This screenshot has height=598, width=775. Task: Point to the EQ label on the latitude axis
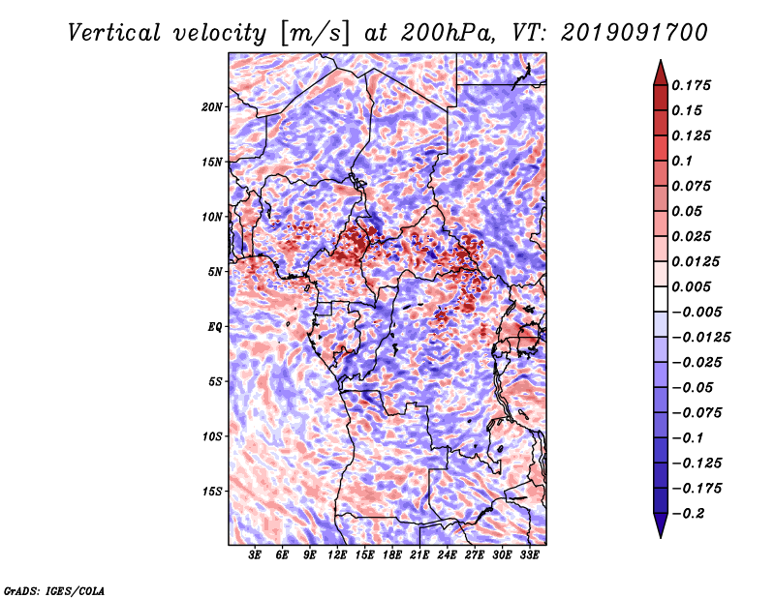tap(215, 327)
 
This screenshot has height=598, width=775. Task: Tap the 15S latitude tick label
tap(213, 491)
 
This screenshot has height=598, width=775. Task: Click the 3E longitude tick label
tap(256, 557)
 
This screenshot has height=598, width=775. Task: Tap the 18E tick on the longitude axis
tap(392, 557)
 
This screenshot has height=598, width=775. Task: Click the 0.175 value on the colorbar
tap(695, 85)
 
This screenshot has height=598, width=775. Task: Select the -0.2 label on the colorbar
tap(691, 513)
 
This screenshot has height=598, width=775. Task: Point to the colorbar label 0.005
tap(695, 286)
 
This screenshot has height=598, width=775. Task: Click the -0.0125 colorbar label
tap(703, 337)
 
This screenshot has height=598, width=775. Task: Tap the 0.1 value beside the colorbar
tap(685, 161)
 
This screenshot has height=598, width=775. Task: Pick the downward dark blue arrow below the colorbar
tap(660, 527)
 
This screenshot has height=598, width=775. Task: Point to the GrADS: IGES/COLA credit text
tap(53, 589)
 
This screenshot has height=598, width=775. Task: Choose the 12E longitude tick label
tap(338, 557)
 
